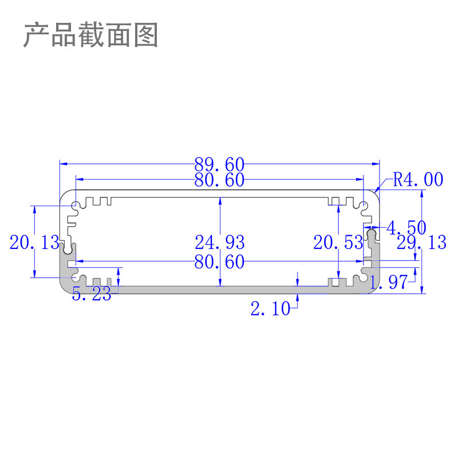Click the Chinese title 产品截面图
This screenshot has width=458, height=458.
pos(90,35)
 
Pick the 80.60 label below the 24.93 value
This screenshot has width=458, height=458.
pos(219,262)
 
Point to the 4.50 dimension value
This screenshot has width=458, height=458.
pos(406,228)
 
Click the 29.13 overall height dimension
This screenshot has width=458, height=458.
pos(421,242)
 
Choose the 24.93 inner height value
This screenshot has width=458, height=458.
pos(219,242)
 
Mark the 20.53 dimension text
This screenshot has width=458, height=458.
pos(338,242)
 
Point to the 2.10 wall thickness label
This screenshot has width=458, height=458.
pos(270,309)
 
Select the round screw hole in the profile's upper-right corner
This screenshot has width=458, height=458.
pos(364,206)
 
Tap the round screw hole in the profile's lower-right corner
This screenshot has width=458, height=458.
pos(364,277)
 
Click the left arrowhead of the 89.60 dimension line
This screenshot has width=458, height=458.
pos(62,164)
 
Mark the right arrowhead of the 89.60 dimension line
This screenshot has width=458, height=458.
pos(377,164)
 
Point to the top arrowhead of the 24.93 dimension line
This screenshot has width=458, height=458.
pos(220,199)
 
